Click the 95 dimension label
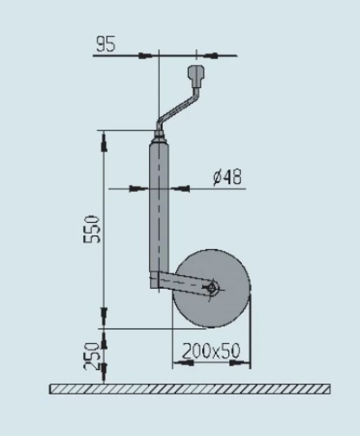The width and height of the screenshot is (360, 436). coord(106,45)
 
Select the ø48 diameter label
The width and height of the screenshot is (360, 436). coord(227,177)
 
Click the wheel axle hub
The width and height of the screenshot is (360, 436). coord(212,288)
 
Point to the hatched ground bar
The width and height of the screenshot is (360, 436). coord(190,389)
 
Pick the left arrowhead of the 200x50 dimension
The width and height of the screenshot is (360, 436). coord(185,362)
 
